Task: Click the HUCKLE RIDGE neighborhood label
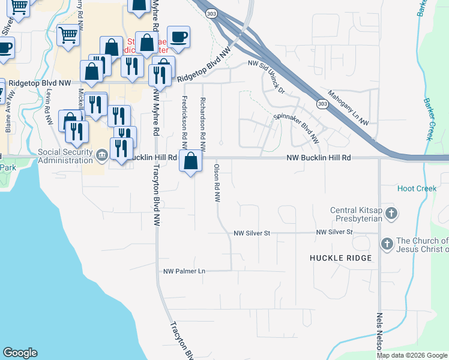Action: click(x=341, y=257)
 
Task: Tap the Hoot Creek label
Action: click(x=417, y=188)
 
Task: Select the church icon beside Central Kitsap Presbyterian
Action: click(x=391, y=213)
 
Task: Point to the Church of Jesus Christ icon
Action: click(x=387, y=244)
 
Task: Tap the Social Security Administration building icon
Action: click(x=101, y=157)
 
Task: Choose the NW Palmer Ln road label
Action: click(x=184, y=271)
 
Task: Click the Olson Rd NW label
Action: click(x=216, y=183)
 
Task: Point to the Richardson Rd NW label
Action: click(x=203, y=123)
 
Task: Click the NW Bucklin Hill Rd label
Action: click(x=318, y=157)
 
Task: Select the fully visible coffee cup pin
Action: click(x=178, y=38)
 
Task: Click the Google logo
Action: click(x=20, y=353)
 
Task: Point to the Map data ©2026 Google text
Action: click(x=412, y=355)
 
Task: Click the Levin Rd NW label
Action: click(x=48, y=107)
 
